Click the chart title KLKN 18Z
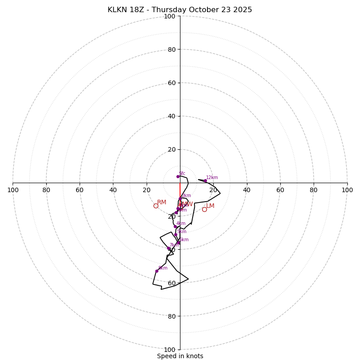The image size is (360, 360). (x=180, y=10)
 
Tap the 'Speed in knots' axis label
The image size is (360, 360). (x=180, y=356)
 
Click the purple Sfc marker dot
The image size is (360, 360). (x=178, y=176)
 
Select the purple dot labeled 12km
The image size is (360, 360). (x=205, y=181)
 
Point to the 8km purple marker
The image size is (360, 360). (x=157, y=271)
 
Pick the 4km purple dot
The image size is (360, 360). (x=175, y=226)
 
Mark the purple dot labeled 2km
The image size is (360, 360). (x=180, y=198)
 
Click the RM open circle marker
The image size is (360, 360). (x=156, y=206)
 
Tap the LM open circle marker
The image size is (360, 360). (x=204, y=209)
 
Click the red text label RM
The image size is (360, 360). (x=162, y=202)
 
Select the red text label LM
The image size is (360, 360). (x=210, y=206)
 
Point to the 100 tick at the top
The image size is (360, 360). (x=170, y=16)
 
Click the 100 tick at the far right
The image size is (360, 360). (x=347, y=190)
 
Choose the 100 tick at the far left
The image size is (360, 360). (x=13, y=190)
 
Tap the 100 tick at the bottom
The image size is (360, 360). (x=170, y=350)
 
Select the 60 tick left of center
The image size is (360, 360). (x=80, y=190)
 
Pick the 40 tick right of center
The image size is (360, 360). (x=247, y=190)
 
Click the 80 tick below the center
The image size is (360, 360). (x=171, y=316)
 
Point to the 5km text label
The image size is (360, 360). (x=181, y=232)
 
